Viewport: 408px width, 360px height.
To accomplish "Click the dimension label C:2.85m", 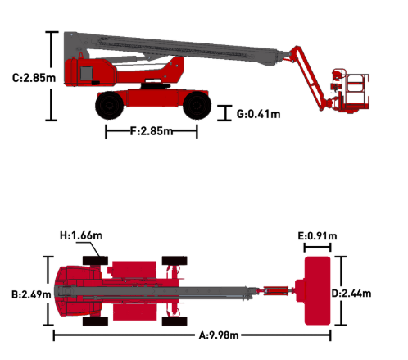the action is tap(34, 78).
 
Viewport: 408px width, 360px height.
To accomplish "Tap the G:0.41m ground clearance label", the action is tap(258, 114).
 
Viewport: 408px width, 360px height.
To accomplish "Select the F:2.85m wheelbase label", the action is tap(152, 131).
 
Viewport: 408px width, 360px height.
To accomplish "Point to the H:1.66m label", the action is tap(81, 235).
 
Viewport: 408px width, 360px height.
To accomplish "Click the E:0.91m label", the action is tap(317, 235).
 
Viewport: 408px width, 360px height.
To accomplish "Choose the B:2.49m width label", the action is tap(31, 294).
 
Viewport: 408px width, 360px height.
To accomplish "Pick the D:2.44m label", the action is tap(351, 294).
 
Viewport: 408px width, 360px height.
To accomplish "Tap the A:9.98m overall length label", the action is tap(219, 335).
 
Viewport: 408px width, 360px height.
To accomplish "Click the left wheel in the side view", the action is tap(109, 106).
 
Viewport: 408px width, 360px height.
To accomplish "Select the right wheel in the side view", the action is tap(197, 106).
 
